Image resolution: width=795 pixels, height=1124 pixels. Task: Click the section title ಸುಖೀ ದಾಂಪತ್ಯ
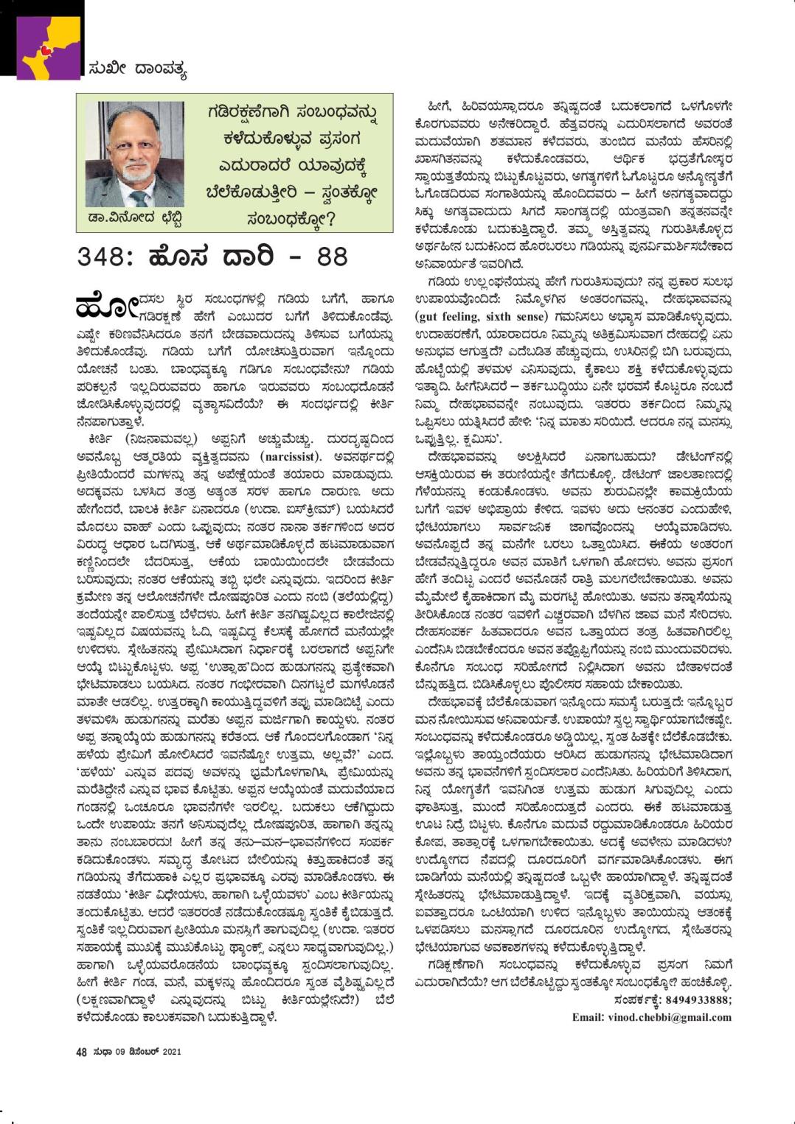coord(136,71)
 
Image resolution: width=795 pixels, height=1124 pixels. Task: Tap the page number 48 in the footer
coord(81,1053)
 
